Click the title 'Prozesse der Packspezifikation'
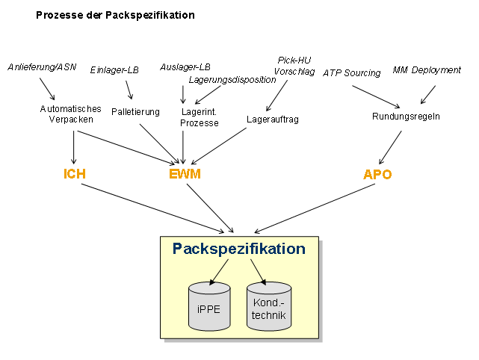(115, 15)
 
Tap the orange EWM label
(185, 174)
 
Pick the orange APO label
(377, 174)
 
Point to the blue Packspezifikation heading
(238, 249)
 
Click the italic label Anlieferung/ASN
(42, 67)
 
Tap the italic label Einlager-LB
(114, 70)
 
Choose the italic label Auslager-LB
(185, 67)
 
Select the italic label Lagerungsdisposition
(232, 80)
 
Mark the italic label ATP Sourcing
(351, 72)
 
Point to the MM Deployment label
(427, 70)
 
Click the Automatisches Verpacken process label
(70, 113)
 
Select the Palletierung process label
(135, 112)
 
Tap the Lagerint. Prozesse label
(200, 117)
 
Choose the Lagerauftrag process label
(272, 118)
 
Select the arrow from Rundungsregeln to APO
(390, 147)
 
